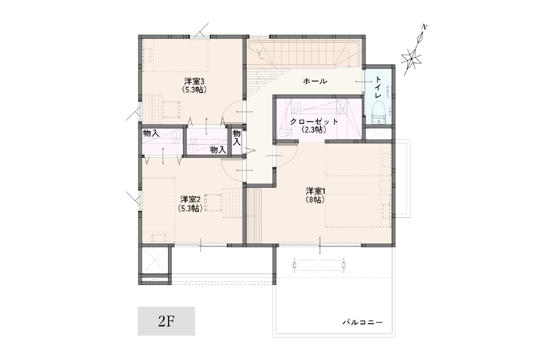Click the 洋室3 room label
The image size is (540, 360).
click(x=195, y=82)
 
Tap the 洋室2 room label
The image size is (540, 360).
click(x=190, y=199)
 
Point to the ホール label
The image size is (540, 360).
click(x=315, y=82)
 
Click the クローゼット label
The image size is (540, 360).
click(x=314, y=122)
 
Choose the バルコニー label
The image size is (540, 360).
click(x=362, y=322)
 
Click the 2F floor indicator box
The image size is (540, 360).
click(x=166, y=321)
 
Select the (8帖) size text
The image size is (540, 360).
click(x=315, y=199)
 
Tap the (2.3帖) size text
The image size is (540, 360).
click(x=314, y=130)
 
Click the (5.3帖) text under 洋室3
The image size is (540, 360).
click(x=194, y=90)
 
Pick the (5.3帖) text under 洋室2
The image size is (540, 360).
click(x=190, y=208)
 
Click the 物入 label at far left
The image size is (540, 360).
click(x=151, y=133)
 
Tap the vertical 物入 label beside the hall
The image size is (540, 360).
click(x=236, y=137)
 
